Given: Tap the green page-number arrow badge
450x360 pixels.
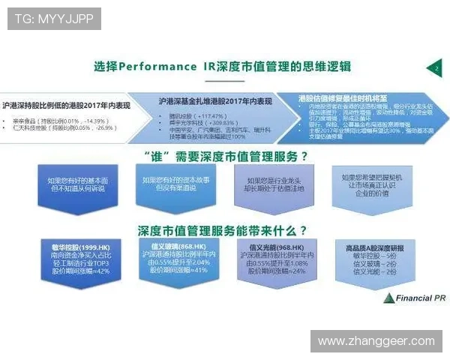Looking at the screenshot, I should (x=434, y=68).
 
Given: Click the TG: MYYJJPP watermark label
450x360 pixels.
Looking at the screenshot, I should (x=54, y=18).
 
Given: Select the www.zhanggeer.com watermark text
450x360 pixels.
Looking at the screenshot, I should (x=376, y=341).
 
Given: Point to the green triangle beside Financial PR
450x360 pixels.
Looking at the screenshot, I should (x=388, y=298).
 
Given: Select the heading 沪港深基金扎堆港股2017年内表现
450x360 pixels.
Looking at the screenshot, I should (x=215, y=100).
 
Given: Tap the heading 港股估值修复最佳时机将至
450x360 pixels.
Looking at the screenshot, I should (x=342, y=98).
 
